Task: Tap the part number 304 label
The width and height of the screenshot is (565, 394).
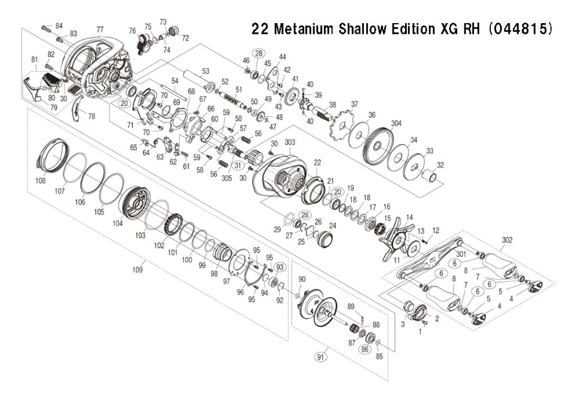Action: tap(396, 124)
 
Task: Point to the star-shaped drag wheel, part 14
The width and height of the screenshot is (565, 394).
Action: tap(395, 238)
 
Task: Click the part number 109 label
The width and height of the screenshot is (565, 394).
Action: tap(137, 269)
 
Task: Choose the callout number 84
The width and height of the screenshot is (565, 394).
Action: tap(59, 25)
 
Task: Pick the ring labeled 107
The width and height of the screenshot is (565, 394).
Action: tap(75, 169)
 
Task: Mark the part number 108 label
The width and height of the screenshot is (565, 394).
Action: tap(40, 181)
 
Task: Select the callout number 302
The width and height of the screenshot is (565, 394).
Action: tap(507, 240)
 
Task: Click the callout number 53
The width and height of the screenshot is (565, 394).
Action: tap(206, 71)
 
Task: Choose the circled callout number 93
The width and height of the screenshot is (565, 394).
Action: tap(280, 266)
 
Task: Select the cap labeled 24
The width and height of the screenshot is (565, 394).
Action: tap(325, 239)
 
